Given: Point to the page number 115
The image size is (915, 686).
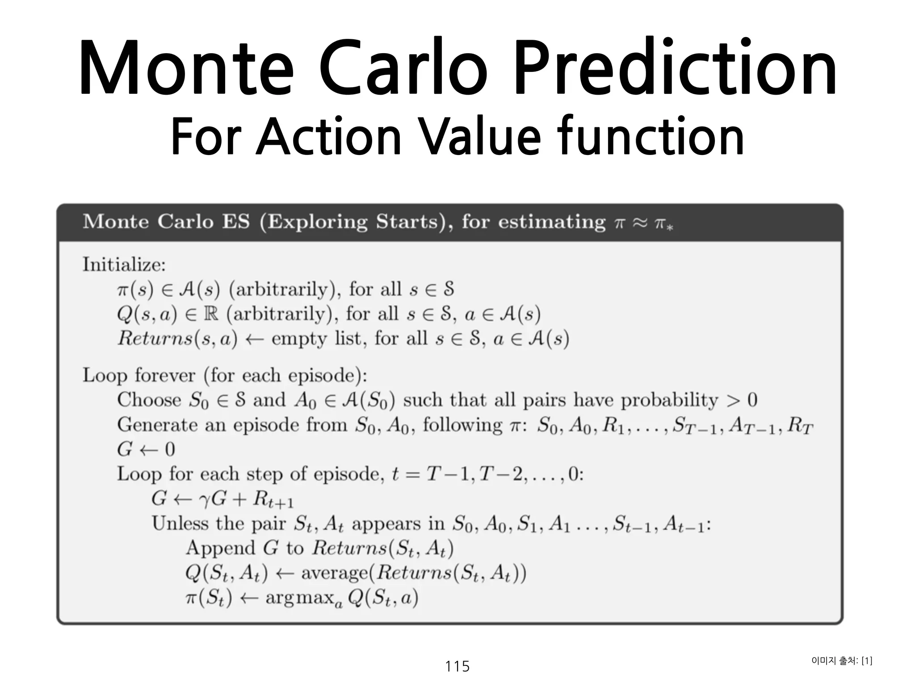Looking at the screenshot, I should pos(457,666).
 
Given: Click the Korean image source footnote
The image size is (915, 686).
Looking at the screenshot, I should pos(841,661).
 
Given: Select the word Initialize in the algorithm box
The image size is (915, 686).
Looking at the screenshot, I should pos(124,265).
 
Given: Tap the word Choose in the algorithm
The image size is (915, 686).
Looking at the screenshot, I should pos(149,400).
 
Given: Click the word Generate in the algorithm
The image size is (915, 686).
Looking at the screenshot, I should pos(157,425).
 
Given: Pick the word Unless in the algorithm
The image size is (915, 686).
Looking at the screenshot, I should pos(180,523).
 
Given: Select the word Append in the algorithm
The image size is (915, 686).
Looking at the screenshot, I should pos(220,548).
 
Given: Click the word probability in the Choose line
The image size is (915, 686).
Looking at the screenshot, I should pos(669,400).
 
